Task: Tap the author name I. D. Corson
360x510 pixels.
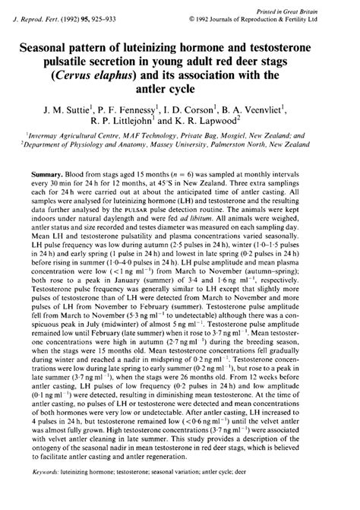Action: coord(202,109)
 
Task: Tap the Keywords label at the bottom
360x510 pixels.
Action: coord(49,493)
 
